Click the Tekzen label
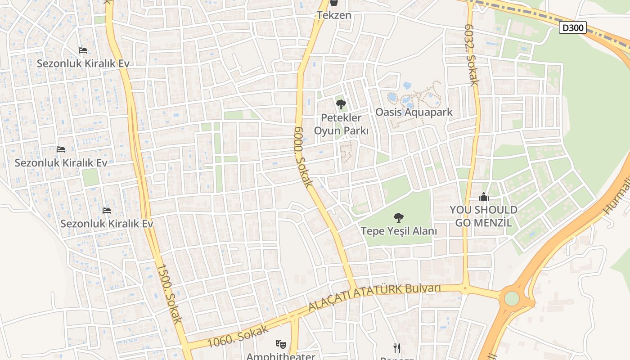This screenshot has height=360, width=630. (x=334, y=15)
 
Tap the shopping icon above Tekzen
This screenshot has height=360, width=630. (x=334, y=3)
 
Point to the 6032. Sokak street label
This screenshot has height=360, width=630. (x=471, y=55)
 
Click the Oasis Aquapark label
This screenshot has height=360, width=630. (x=414, y=112)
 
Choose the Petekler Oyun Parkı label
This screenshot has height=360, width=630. (x=341, y=124)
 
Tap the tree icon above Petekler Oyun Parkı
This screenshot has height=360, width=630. (x=341, y=105)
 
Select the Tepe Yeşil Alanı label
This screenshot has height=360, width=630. (x=399, y=231)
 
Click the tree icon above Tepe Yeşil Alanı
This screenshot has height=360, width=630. (x=398, y=218)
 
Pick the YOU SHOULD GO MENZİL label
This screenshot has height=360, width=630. (x=484, y=216)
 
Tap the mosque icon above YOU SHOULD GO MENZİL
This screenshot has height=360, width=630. (x=484, y=197)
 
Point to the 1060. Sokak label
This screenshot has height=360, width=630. (x=239, y=335)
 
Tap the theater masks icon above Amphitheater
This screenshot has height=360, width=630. (x=280, y=344)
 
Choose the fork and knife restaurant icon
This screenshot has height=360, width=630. (x=396, y=348)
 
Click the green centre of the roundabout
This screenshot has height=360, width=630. (x=512, y=298)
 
